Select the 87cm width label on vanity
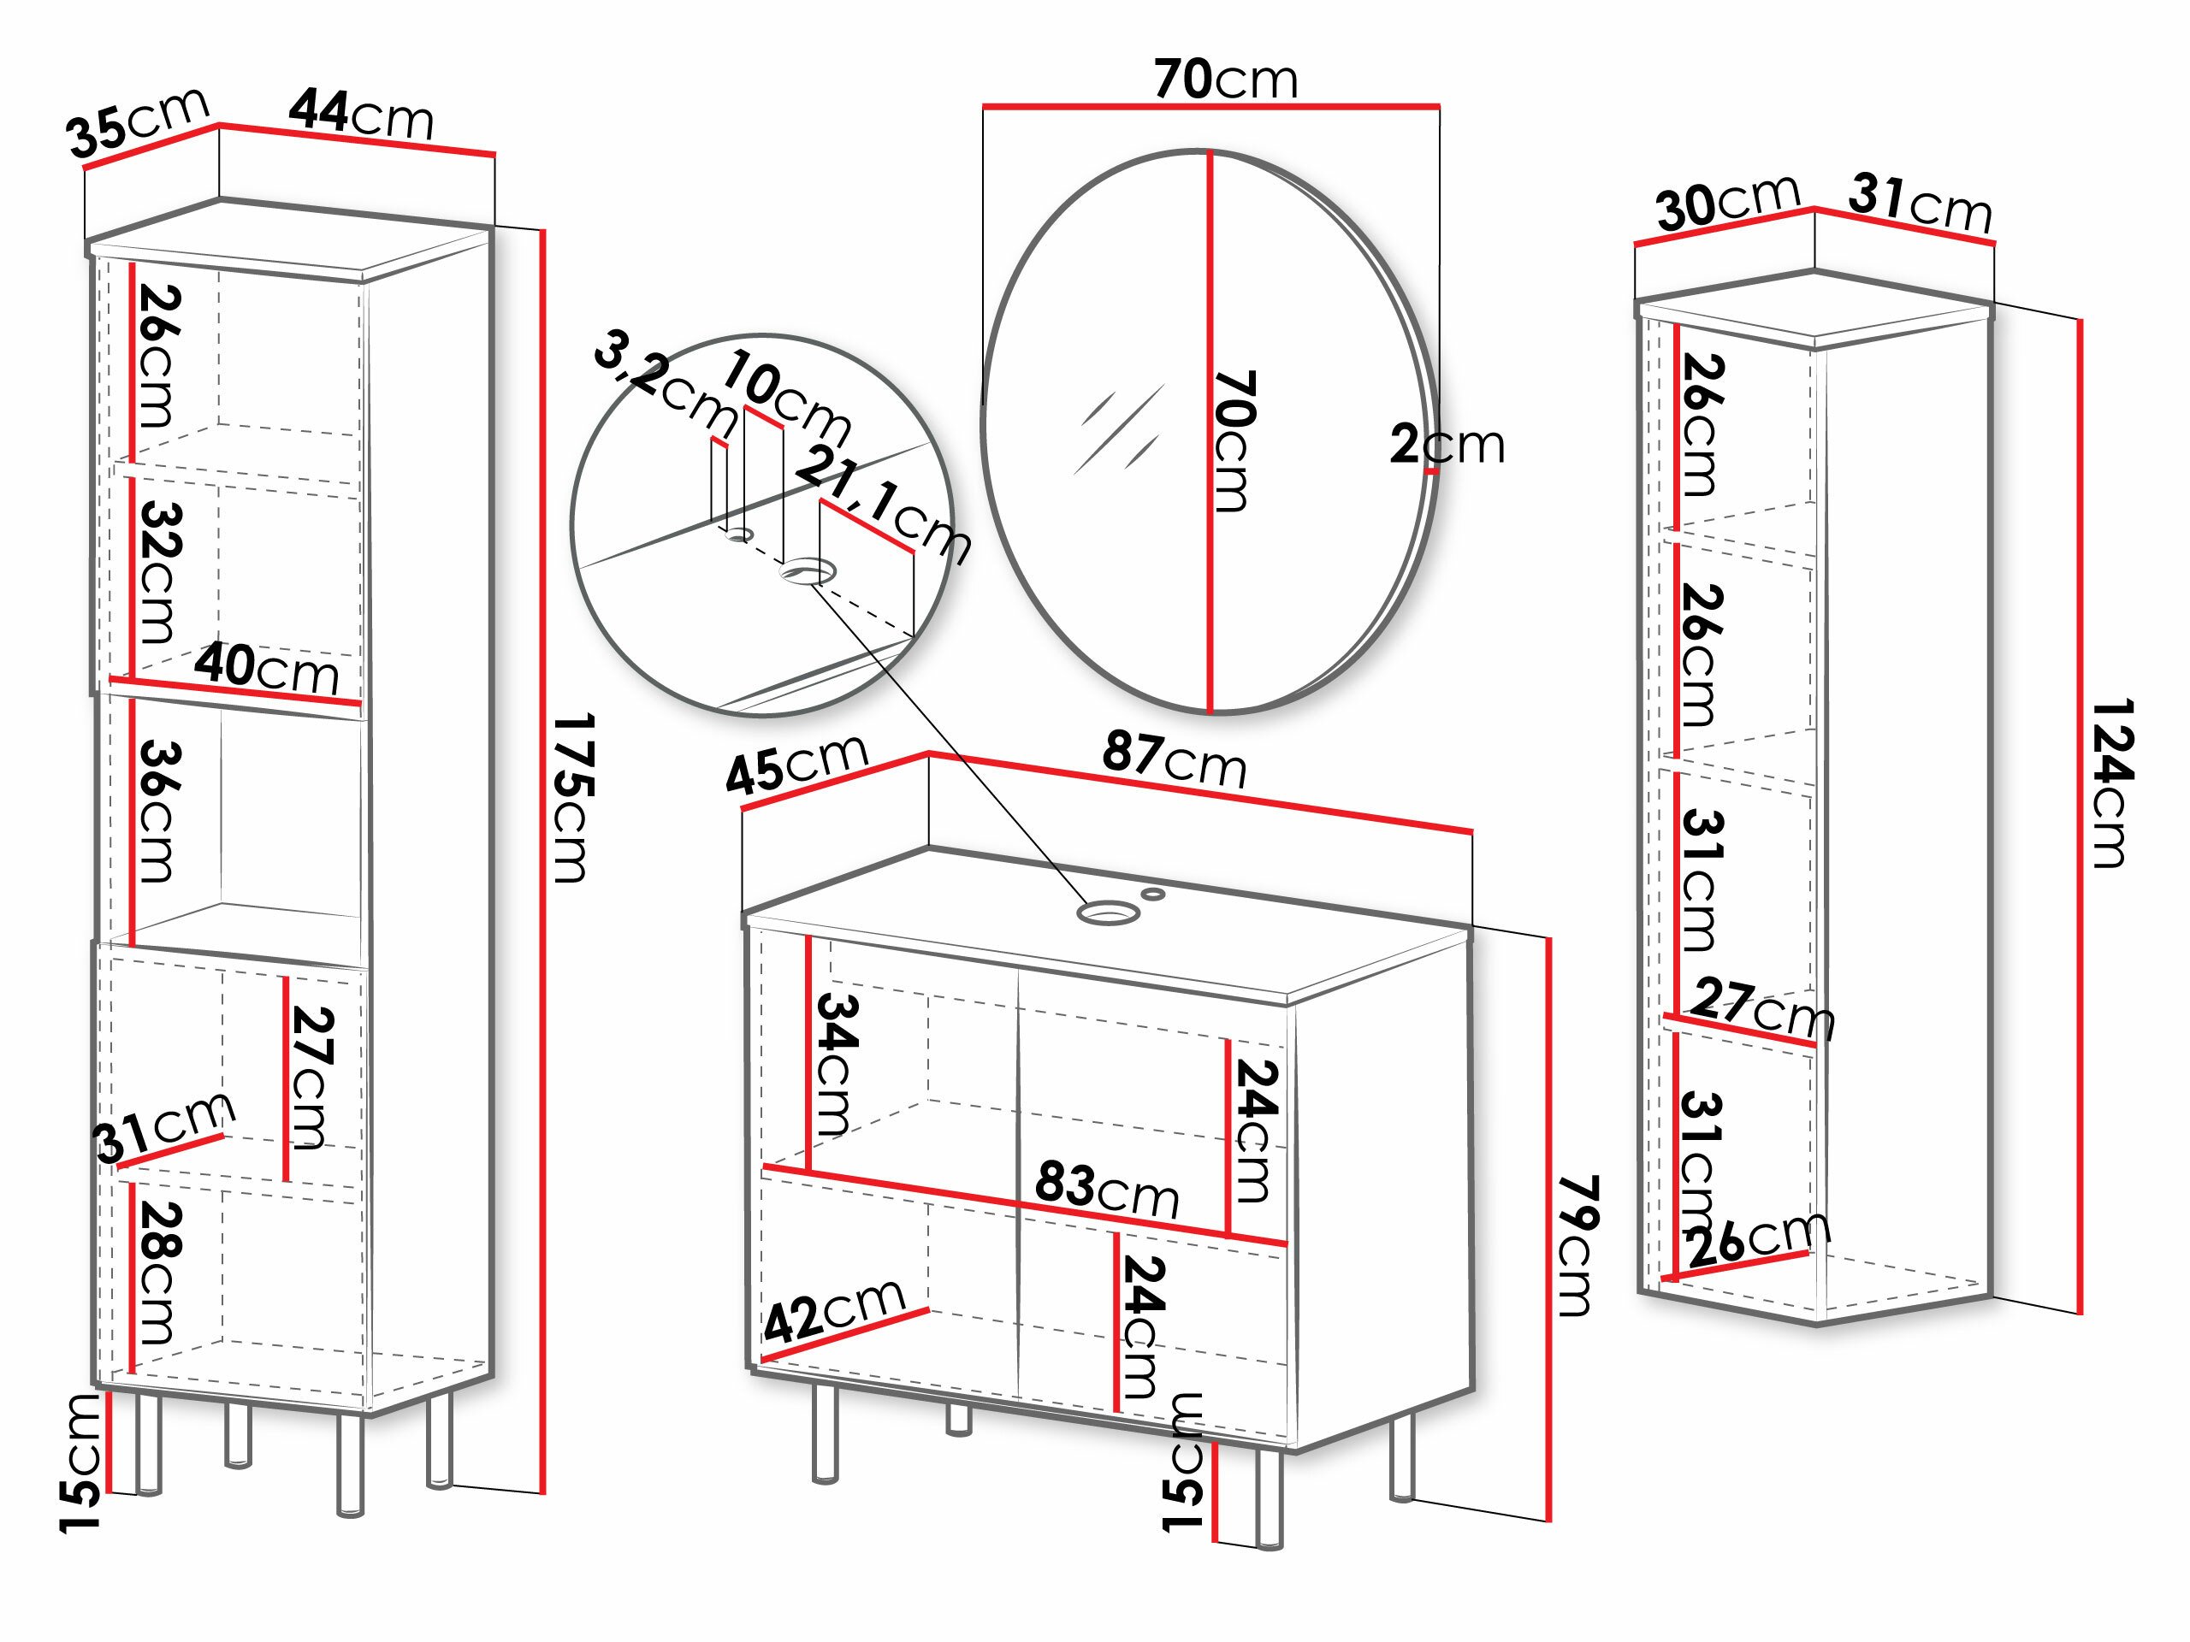(x=1175, y=759)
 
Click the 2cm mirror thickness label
(x=1447, y=445)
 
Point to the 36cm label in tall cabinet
(x=158, y=812)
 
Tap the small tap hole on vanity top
(x=1153, y=894)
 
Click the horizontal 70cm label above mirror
(x=1225, y=80)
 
